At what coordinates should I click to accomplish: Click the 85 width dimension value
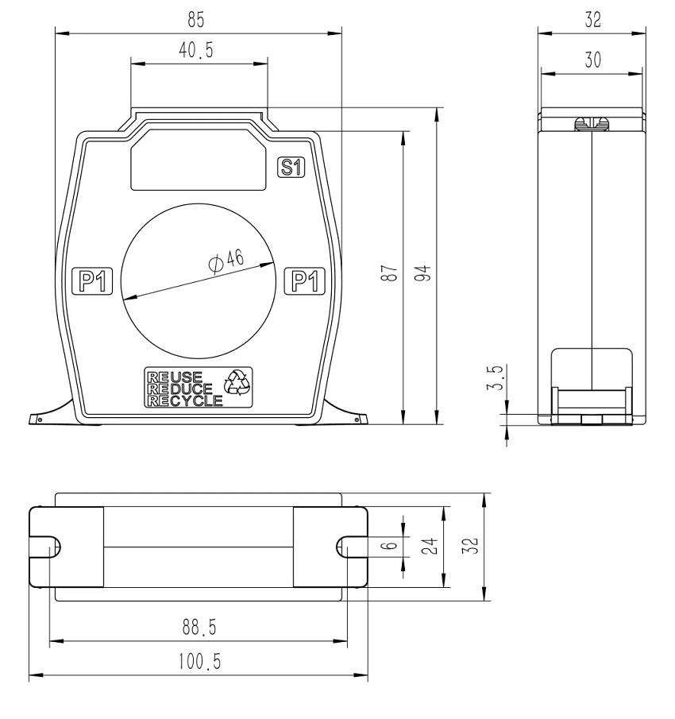tap(195, 20)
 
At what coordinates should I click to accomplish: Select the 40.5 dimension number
tap(196, 50)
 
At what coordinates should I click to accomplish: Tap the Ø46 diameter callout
tap(226, 261)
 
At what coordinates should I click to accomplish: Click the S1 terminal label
tap(291, 168)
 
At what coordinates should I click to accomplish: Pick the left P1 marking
tap(93, 280)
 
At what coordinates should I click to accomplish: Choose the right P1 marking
tap(305, 280)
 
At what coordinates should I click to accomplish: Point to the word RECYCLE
tap(185, 400)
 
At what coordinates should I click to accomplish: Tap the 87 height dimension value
tap(389, 273)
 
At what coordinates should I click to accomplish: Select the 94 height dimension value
tap(422, 273)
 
